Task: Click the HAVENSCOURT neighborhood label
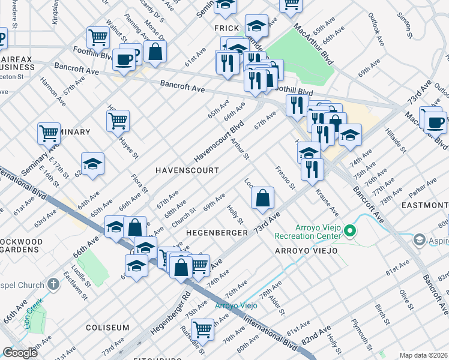point(187,170)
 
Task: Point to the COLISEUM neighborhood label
point(107,328)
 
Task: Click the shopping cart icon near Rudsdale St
point(203,329)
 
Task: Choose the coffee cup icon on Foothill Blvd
point(124,59)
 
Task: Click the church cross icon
point(53,284)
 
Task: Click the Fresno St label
point(286,178)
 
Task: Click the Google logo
point(20,353)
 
